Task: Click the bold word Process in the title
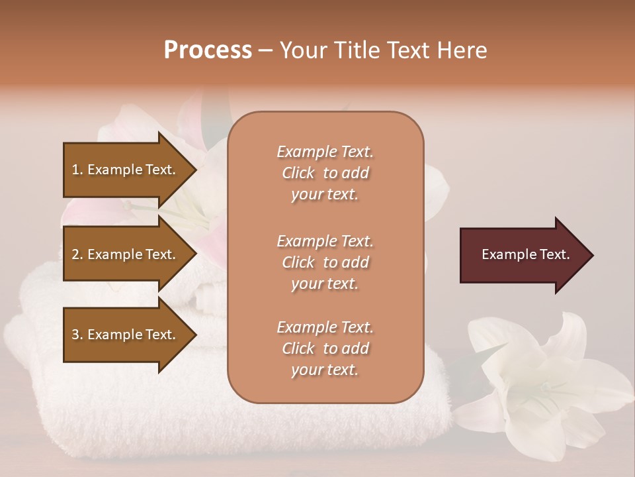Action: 208,50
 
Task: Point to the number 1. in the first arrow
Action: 77,170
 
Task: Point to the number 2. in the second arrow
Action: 77,254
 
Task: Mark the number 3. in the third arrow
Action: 77,335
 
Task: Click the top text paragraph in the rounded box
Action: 325,173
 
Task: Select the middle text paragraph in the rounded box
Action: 325,262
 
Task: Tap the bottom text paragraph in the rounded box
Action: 325,348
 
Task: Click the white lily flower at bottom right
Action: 542,384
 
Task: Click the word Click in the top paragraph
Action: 298,173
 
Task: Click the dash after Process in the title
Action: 265,50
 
